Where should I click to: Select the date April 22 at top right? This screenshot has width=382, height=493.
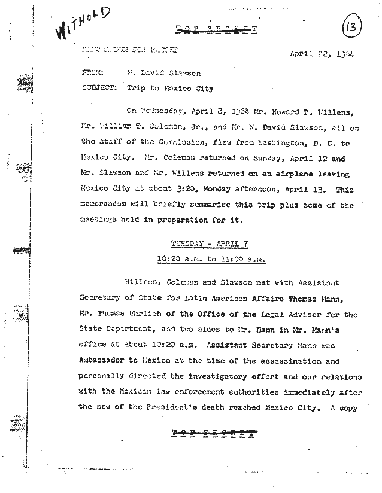pyautogui.click(x=311, y=53)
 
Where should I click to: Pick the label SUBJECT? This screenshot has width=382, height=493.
pyautogui.click(x=97, y=89)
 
